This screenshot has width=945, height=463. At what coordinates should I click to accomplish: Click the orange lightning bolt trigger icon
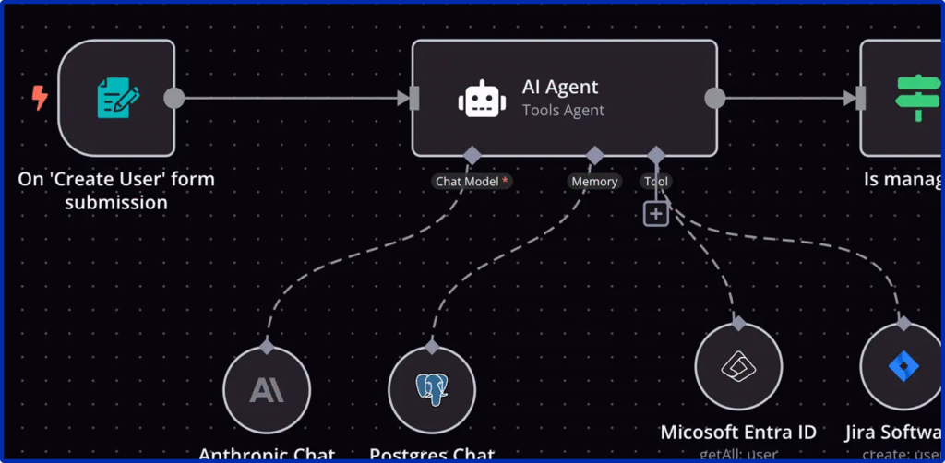(39, 97)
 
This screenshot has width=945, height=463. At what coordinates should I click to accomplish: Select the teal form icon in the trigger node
(117, 98)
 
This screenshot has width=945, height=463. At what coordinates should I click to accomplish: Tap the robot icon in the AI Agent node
(481, 99)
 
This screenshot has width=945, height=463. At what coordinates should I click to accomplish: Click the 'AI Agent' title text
(560, 87)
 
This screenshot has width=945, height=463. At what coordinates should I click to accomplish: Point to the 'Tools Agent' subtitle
(563, 111)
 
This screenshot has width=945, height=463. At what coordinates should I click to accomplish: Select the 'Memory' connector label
(594, 182)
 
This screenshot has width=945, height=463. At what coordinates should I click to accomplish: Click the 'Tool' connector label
(656, 182)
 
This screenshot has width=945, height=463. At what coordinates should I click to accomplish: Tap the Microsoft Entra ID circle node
(738, 366)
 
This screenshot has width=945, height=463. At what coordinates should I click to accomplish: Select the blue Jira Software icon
(903, 367)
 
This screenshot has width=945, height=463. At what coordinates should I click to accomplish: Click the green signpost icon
(919, 98)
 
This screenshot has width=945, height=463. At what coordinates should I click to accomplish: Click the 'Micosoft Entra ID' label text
(738, 432)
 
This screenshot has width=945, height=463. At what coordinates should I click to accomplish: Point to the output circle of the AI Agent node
(714, 98)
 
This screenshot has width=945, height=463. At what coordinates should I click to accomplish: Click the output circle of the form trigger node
(173, 98)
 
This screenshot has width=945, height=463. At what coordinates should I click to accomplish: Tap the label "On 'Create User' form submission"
(116, 190)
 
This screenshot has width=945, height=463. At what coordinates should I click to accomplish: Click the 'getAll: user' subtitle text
(738, 454)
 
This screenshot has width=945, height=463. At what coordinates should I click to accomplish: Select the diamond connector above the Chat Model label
(472, 154)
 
